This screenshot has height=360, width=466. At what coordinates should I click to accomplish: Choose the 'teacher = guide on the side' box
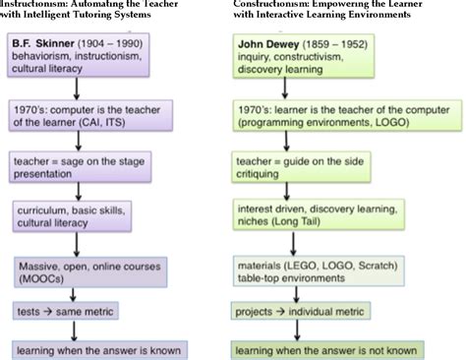click(294, 165)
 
